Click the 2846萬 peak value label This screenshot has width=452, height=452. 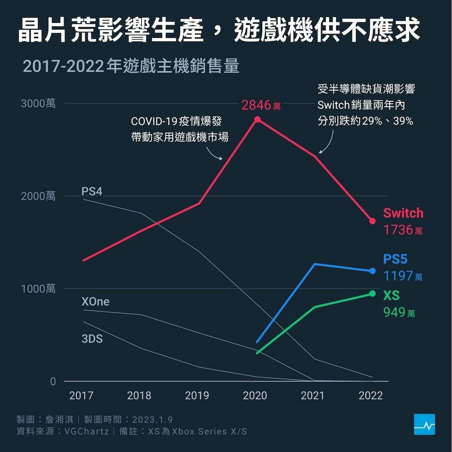[261, 105]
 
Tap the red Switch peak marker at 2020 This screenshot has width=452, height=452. [257, 119]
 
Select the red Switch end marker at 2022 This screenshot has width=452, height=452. [372, 221]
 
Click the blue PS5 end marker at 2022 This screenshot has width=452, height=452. [372, 271]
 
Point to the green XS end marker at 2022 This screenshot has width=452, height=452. [372, 294]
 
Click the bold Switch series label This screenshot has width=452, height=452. [403, 213]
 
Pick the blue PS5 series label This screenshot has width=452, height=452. [395, 259]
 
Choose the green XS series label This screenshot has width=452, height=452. [391, 295]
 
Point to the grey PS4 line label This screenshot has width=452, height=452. [92, 191]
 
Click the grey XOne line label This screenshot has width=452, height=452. [95, 301]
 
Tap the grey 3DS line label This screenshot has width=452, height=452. [92, 338]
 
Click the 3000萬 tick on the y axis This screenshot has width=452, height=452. [38, 103]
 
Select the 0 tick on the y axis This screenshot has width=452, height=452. [53, 381]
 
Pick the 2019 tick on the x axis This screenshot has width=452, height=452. [197, 395]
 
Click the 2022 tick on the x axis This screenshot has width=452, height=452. [371, 395]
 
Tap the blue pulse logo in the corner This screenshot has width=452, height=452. [424, 424]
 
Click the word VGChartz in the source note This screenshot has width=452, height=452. [87, 431]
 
